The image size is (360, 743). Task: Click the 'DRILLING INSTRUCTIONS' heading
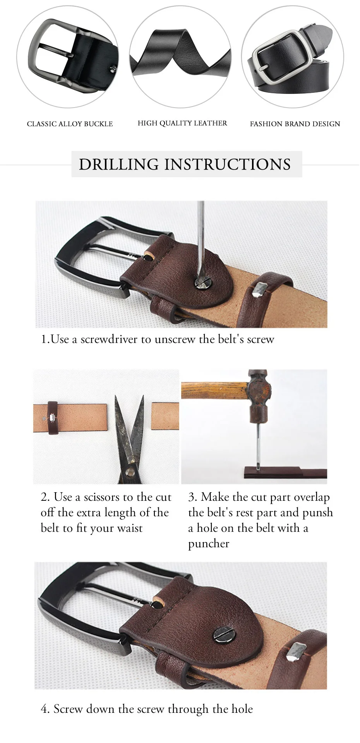185,164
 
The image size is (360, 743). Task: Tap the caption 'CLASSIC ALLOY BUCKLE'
70,124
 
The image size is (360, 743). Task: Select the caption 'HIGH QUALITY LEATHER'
182,123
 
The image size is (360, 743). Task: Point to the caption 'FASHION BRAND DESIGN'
295,124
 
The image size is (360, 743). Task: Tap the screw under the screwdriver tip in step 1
202,282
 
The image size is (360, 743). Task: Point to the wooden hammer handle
214,391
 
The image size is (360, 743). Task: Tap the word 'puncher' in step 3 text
209,544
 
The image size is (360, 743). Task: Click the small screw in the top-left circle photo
114,69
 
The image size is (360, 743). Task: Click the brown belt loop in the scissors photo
52,418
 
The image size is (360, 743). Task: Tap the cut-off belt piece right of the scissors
165,416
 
